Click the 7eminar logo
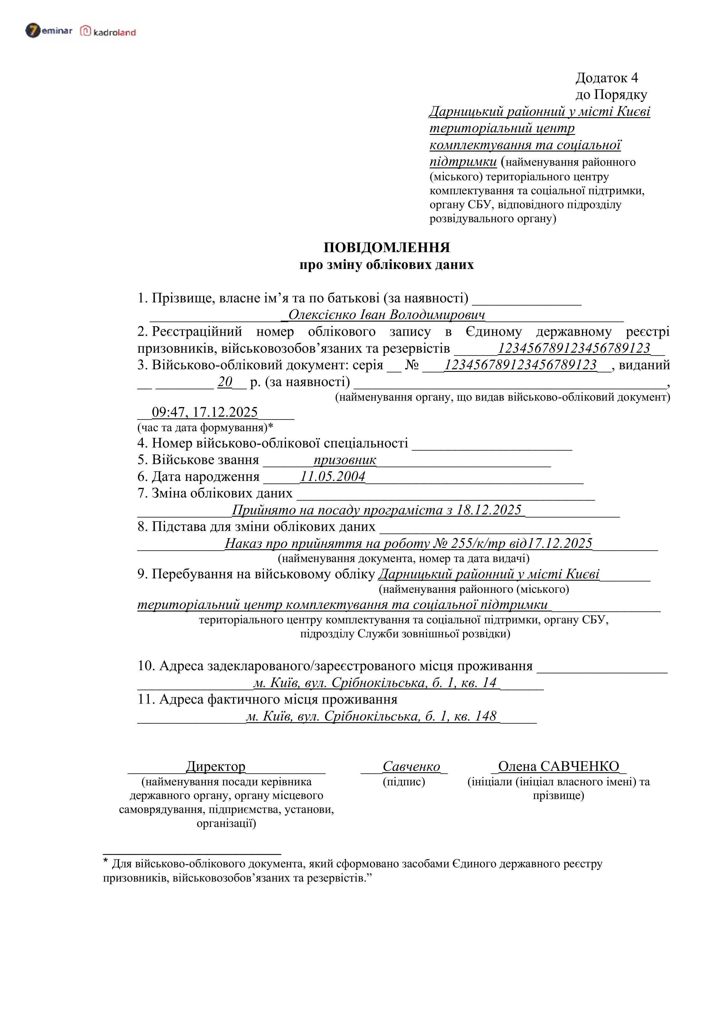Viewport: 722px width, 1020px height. [x=49, y=31]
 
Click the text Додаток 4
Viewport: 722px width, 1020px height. [x=607, y=78]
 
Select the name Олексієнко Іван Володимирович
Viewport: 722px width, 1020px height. [x=386, y=315]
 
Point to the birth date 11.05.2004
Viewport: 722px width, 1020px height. [x=332, y=477]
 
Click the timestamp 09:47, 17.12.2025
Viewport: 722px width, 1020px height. [x=204, y=412]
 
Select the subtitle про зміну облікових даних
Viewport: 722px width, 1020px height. [x=386, y=265]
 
